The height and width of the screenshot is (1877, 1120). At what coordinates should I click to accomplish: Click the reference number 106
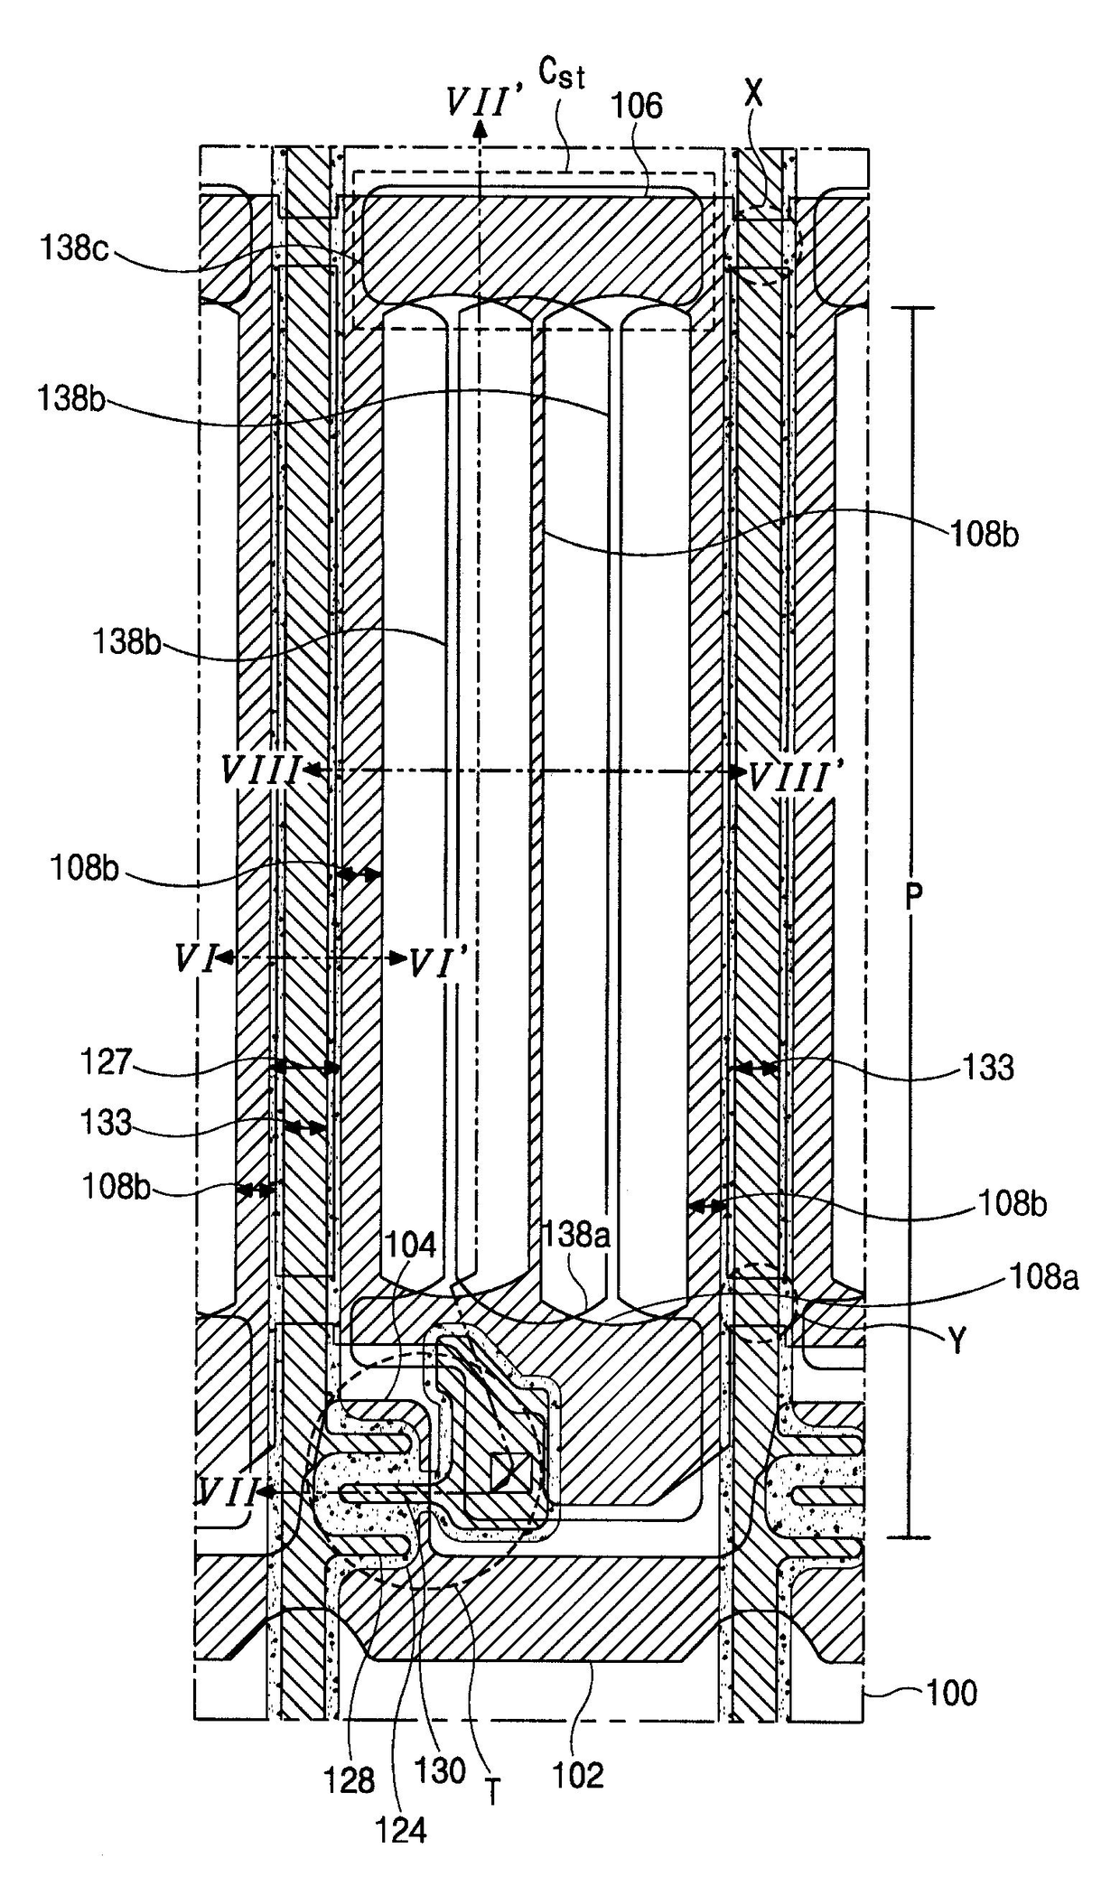(637, 106)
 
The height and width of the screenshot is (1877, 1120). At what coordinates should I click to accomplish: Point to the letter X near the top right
(752, 93)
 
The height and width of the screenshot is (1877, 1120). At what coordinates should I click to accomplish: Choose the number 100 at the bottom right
(951, 1692)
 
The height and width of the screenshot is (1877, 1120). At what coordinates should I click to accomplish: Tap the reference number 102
(577, 1776)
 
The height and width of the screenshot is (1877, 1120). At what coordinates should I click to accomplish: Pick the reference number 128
(350, 1780)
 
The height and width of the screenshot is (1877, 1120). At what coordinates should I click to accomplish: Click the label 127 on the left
(107, 1061)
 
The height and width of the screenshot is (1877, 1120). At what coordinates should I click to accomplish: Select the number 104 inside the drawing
(411, 1246)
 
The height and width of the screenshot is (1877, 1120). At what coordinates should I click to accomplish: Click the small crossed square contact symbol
(507, 1472)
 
